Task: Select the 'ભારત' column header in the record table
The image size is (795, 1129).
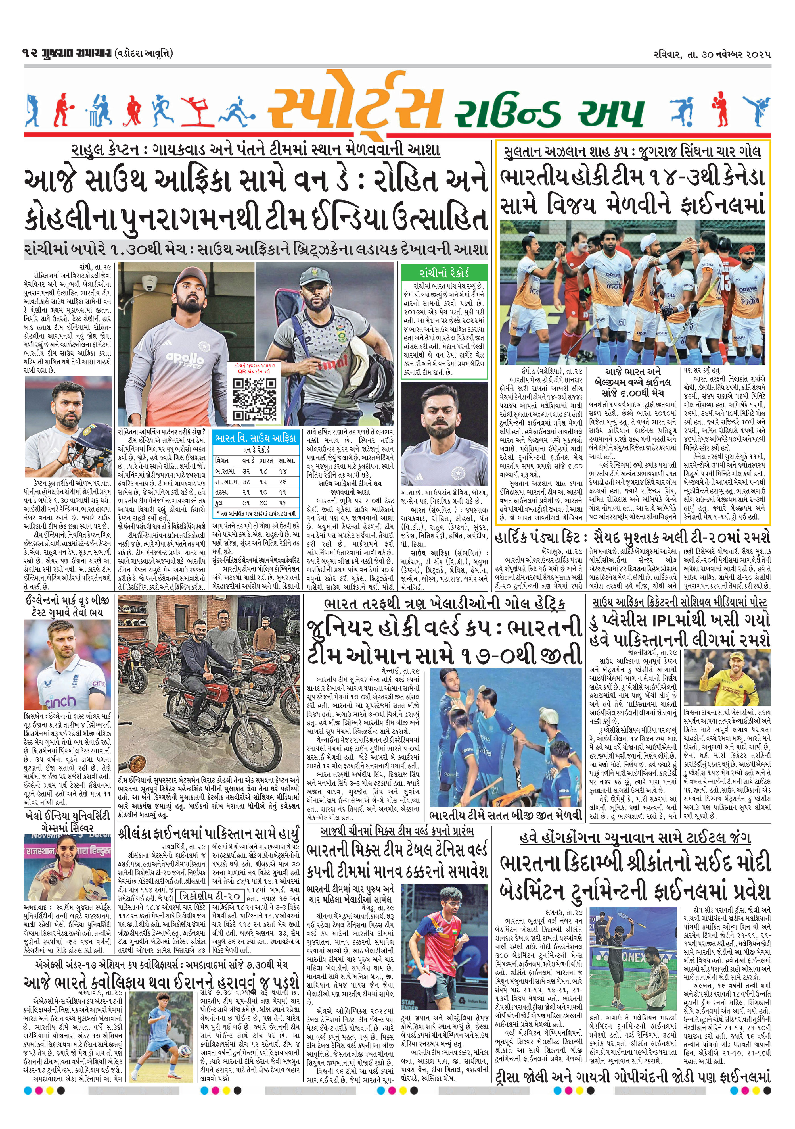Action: (x=266, y=460)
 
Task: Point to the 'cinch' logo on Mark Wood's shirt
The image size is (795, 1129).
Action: (x=61, y=701)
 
